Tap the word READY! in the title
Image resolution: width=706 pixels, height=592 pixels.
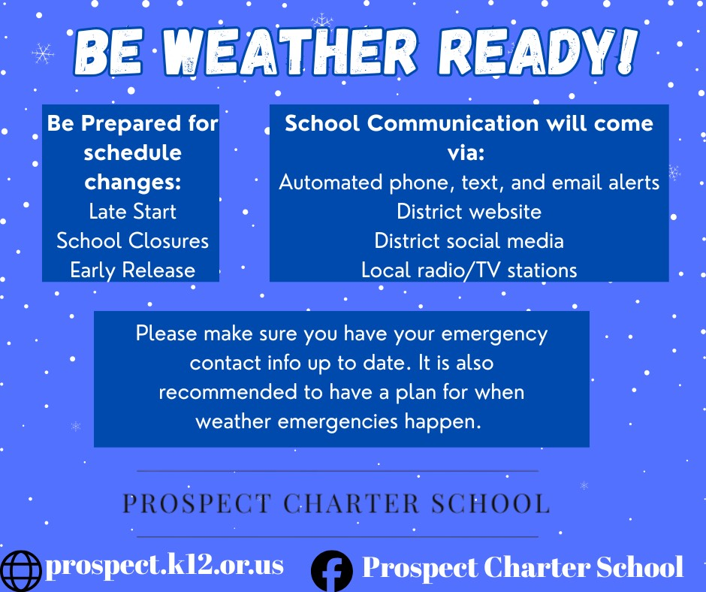click(538, 51)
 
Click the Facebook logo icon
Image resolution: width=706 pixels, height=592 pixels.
click(332, 571)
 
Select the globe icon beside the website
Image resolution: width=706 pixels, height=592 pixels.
click(21, 571)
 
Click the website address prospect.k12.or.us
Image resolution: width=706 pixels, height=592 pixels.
click(164, 566)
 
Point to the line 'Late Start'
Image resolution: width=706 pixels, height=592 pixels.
click(132, 211)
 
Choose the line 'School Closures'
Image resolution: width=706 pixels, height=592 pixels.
click(132, 240)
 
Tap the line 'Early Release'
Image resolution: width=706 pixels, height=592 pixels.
click(132, 270)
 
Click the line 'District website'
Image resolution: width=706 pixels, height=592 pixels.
click(469, 211)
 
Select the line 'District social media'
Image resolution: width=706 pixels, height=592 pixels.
click(469, 240)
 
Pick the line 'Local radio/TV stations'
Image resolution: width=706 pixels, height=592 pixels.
click(469, 270)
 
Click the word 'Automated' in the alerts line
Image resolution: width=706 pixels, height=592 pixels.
click(330, 182)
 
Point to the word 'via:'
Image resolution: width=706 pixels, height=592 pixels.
click(466, 153)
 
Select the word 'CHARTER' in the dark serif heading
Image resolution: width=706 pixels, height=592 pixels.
click(351, 503)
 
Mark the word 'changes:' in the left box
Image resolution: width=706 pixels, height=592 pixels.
click(132, 183)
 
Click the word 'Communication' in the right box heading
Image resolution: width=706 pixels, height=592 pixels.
click(453, 123)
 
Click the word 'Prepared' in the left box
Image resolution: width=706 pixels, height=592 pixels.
click(131, 124)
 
